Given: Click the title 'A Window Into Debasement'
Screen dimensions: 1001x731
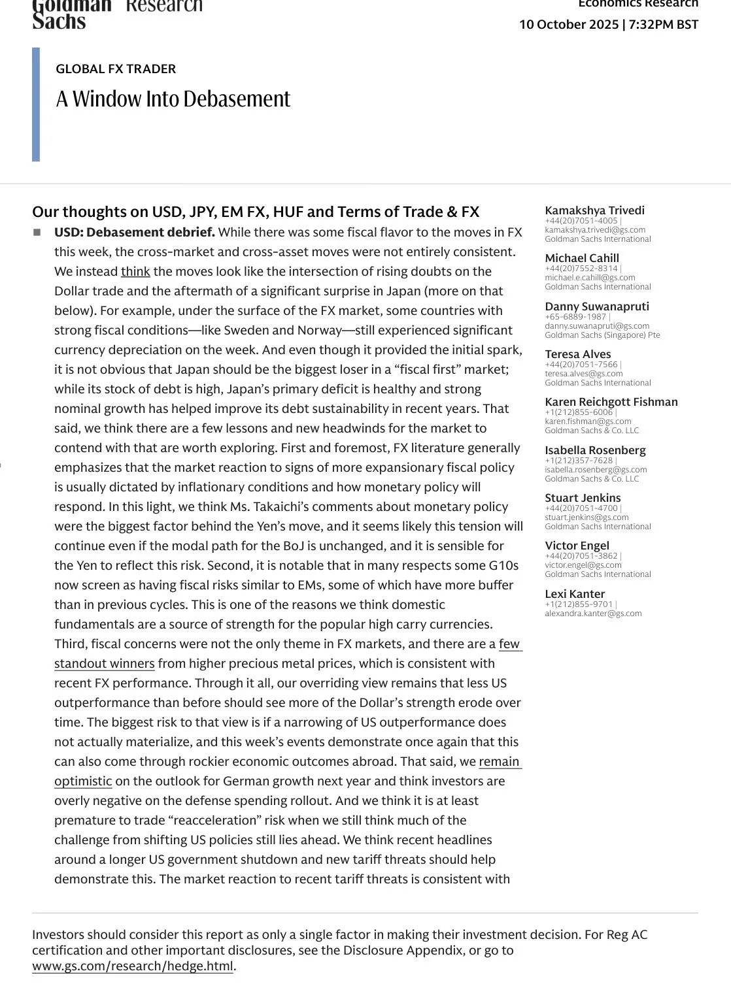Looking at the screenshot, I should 173,99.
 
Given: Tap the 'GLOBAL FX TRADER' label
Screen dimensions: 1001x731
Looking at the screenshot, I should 116,69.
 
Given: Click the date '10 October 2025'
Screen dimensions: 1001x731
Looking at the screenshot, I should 568,25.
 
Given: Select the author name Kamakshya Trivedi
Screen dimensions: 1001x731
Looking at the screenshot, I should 594,210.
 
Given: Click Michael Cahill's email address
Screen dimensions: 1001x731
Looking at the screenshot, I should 590,278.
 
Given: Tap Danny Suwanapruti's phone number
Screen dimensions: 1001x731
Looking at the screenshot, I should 575,317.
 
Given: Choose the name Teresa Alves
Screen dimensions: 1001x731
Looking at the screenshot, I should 577,354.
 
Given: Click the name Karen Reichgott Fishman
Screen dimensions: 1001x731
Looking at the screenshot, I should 611,402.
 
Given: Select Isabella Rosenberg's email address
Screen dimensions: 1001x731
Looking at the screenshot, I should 596,469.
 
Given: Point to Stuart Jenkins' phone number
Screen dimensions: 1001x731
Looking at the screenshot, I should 581,508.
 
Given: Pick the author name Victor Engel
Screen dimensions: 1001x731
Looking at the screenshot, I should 577,546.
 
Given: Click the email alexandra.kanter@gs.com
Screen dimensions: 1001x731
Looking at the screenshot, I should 593,614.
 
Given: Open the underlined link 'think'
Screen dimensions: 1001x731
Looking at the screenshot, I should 135,272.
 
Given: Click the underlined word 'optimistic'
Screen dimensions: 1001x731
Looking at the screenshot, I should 83,781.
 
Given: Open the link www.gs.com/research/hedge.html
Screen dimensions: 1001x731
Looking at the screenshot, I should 132,966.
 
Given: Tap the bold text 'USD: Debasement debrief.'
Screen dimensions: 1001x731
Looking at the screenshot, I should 134,233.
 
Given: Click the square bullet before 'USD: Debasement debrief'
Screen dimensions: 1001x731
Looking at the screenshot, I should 37,233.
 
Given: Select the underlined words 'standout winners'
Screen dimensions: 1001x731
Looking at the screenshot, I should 105,664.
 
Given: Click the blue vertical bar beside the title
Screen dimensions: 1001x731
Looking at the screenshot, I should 36,105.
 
